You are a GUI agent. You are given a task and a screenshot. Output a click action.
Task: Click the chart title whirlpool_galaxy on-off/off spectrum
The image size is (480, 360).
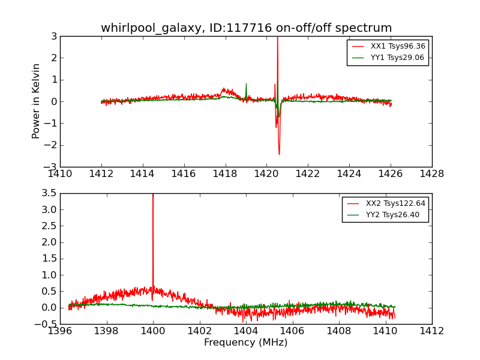pyautogui.click(x=246, y=28)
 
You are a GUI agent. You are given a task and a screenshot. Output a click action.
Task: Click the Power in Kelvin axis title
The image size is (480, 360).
pyautogui.click(x=37, y=101)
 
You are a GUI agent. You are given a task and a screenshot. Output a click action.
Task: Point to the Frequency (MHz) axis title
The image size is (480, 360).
pyautogui.click(x=245, y=343)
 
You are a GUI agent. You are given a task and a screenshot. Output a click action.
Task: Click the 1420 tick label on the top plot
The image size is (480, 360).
pyautogui.click(x=266, y=174)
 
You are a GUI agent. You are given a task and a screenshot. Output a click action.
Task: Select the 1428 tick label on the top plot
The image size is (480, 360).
pyautogui.click(x=432, y=174)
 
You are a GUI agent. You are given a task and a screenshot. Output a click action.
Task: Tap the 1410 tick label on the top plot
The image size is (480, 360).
pyautogui.click(x=60, y=174)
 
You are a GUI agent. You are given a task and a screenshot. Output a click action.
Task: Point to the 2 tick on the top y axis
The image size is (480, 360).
pyautogui.click(x=54, y=58)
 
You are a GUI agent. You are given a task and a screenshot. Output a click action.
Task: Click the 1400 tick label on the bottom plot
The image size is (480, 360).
pyautogui.click(x=153, y=331)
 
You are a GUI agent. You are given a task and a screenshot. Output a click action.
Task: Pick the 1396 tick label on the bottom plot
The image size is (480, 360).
pyautogui.click(x=60, y=331)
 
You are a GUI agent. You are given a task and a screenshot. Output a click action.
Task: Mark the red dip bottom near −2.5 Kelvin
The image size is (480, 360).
pyautogui.click(x=279, y=154)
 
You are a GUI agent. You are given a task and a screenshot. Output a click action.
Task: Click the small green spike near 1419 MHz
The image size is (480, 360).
pyautogui.click(x=246, y=85)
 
